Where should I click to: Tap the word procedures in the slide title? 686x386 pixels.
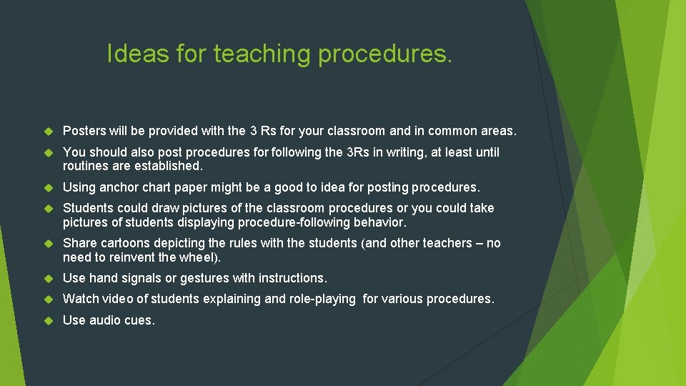385,54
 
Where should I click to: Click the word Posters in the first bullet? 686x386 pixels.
84,131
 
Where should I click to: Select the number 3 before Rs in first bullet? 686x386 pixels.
254,131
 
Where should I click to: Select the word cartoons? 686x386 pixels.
123,243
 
